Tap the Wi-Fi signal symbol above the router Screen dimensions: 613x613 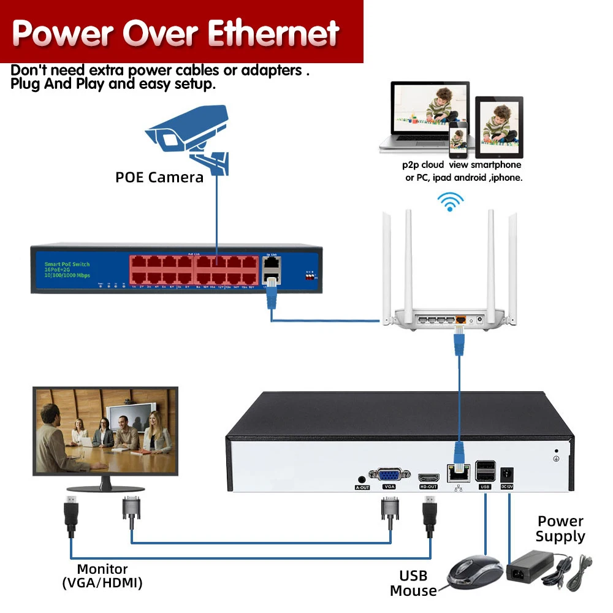451,202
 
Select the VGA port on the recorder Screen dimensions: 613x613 389,474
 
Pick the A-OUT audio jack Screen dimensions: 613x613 362,479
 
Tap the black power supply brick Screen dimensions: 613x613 530,567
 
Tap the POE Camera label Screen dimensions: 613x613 159,178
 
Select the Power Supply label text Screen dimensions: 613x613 560,529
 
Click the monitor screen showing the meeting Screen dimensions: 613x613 105,430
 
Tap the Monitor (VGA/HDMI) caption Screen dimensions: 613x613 102,576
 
